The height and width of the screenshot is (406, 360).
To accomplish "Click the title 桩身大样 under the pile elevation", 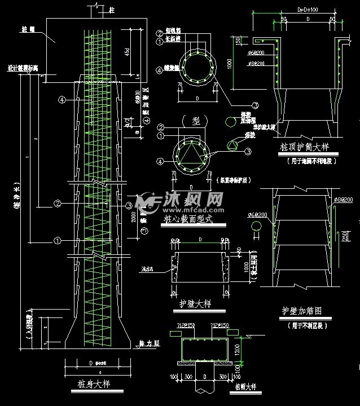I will click(93, 385).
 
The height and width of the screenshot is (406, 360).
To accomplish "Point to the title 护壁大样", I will click(195, 304).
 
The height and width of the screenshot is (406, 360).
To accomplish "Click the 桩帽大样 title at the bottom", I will click(244, 388).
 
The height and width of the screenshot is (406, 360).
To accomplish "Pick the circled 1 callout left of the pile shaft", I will click(58, 240).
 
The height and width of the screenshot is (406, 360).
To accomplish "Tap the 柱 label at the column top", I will click(112, 9).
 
